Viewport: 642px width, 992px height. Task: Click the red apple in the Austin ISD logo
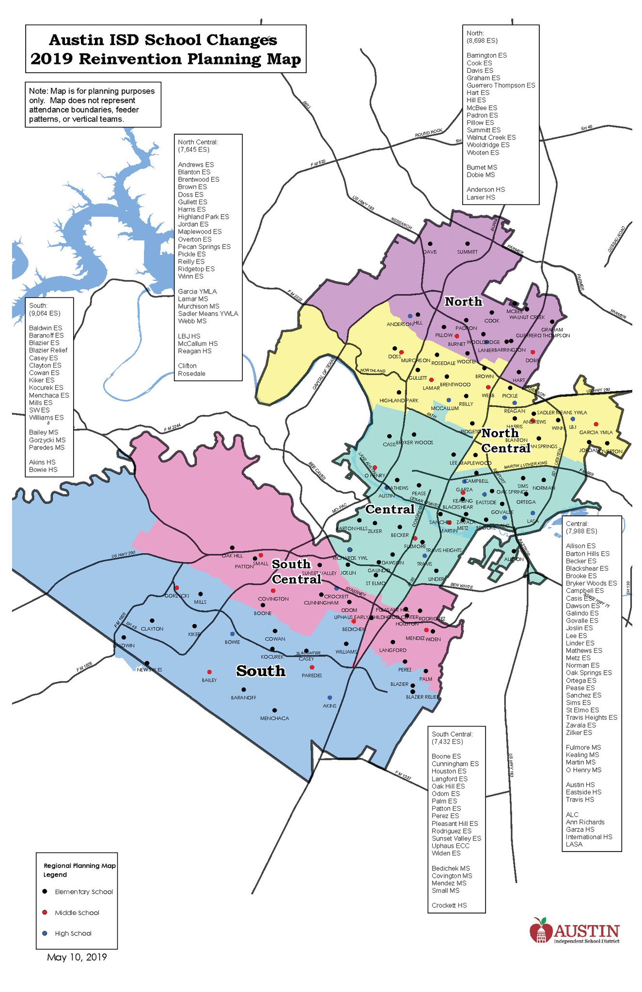tap(541, 930)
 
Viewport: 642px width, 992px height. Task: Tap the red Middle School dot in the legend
tap(45, 912)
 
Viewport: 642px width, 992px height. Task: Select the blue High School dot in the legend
tap(45, 933)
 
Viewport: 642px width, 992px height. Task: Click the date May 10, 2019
tap(77, 957)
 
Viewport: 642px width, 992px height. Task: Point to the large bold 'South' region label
tap(261, 671)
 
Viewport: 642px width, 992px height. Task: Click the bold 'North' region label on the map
tap(463, 301)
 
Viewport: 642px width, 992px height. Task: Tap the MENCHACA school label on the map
tap(274, 718)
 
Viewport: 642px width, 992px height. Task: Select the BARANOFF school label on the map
tap(244, 697)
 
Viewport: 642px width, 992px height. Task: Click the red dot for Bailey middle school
tap(209, 672)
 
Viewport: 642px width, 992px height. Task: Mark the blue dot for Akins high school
tap(330, 697)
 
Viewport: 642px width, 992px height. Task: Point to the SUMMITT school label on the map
tap(467, 252)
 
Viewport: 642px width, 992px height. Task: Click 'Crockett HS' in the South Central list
tap(449, 905)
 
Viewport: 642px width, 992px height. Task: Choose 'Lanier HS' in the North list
tap(481, 197)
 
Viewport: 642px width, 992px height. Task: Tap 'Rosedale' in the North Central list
tap(191, 373)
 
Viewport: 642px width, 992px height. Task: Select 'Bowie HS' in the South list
tap(43, 469)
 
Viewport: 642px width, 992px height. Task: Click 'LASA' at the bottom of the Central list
tap(574, 844)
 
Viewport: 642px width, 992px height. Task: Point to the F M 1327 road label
tap(403, 775)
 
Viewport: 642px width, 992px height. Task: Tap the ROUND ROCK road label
tap(428, 132)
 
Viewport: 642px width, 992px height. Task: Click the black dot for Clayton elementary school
tap(152, 620)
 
